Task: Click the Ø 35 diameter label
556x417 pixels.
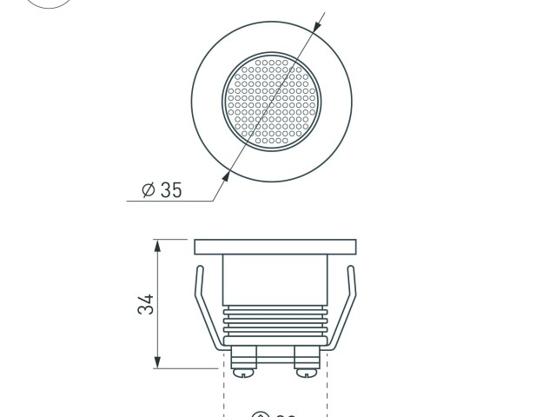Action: pyautogui.click(x=162, y=190)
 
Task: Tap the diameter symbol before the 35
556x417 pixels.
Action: pyautogui.click(x=147, y=190)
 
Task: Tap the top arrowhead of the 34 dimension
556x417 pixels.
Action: pyautogui.click(x=157, y=244)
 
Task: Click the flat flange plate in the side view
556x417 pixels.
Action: pyautogui.click(x=275, y=248)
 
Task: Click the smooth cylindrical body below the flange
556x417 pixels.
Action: pyautogui.click(x=275, y=280)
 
